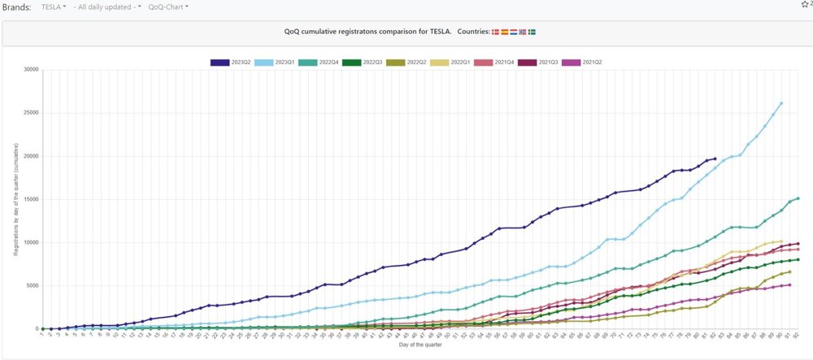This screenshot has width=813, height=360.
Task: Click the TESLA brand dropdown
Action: point(54,7)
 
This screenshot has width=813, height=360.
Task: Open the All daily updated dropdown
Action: point(107,7)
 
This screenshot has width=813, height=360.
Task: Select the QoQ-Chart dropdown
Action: point(169,7)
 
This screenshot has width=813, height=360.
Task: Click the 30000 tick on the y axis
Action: point(30,70)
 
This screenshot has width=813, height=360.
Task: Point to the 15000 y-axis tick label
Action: point(30,200)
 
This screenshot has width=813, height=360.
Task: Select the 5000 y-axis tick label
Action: point(32,286)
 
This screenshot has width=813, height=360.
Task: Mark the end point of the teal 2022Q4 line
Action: point(798,198)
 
